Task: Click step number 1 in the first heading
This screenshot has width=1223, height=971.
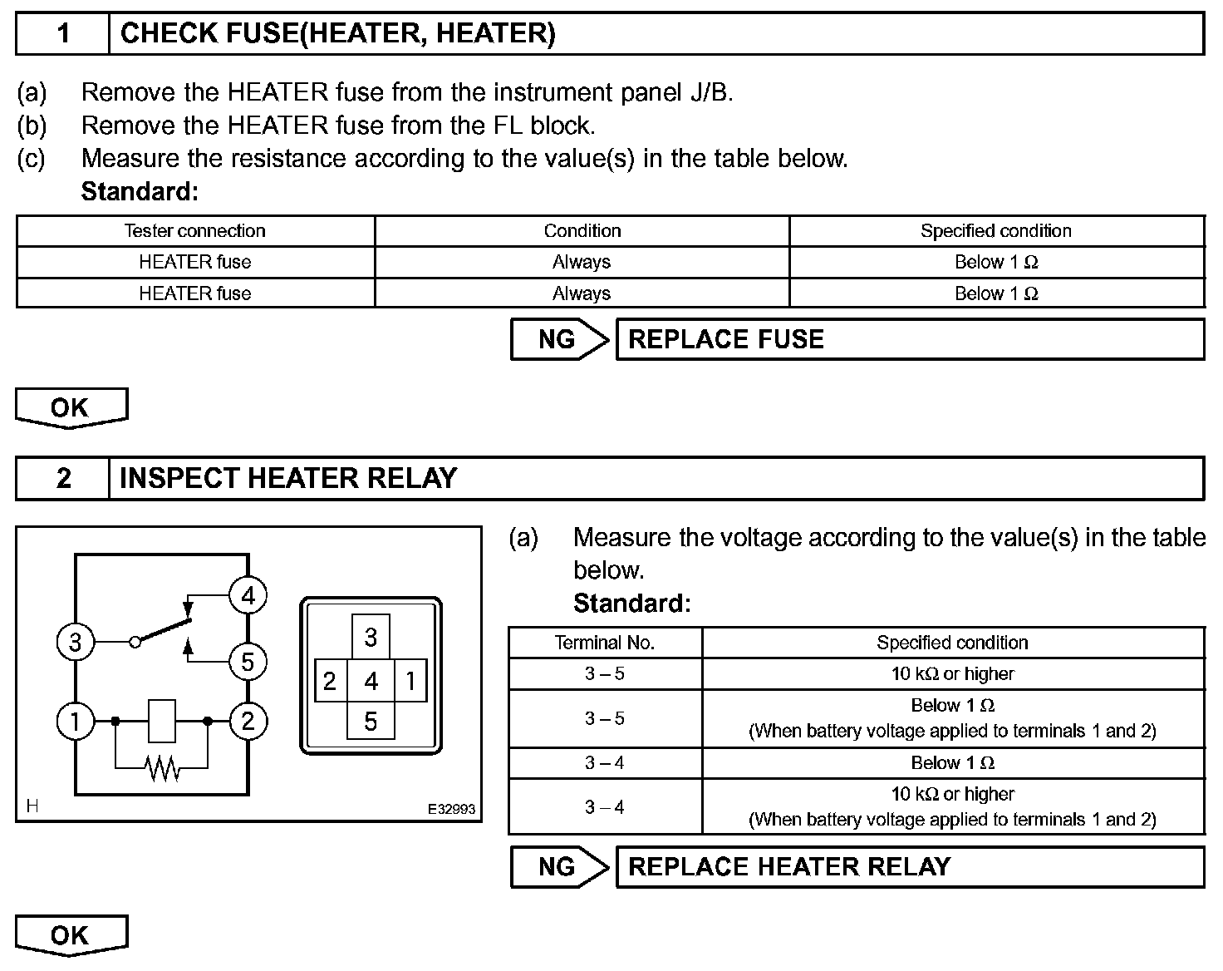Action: tap(63, 34)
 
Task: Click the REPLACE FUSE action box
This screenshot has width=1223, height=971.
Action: tap(909, 339)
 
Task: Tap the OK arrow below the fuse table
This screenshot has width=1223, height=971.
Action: tap(71, 408)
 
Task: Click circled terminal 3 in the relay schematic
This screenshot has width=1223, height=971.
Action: tap(75, 642)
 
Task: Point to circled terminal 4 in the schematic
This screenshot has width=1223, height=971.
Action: tap(248, 595)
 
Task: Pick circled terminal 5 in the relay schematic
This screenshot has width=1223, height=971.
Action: tap(248, 663)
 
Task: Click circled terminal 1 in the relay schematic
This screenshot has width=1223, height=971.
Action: tap(75, 721)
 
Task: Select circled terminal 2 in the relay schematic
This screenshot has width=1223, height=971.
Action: tap(248, 721)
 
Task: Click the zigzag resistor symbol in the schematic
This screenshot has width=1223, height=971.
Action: tap(163, 768)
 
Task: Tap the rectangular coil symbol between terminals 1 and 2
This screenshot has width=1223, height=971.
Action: tap(162, 721)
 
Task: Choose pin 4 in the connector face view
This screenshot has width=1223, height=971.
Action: tap(371, 682)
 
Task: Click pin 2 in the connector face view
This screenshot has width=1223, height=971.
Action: tap(330, 682)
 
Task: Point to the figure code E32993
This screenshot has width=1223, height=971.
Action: tap(452, 809)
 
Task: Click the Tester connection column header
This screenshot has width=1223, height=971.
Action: tap(194, 231)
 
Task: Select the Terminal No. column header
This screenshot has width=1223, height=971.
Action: tap(605, 643)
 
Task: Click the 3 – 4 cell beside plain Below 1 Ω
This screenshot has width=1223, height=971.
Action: tap(605, 763)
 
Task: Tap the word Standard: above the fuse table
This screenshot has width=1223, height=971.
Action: tap(140, 192)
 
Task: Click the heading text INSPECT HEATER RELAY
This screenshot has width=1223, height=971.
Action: tap(288, 478)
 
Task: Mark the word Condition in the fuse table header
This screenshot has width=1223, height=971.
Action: tap(582, 231)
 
